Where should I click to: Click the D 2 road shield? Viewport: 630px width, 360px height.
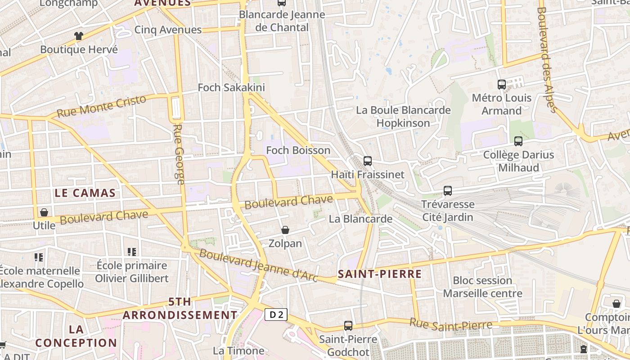tap(276, 315)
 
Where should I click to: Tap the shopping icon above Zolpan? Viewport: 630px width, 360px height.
tap(285, 230)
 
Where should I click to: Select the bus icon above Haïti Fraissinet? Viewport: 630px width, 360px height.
tap(368, 161)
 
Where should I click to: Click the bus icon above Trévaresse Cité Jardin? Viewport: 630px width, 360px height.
tap(448, 191)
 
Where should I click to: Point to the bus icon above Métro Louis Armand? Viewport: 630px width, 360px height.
tap(502, 85)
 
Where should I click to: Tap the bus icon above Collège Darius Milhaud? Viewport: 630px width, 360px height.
tap(518, 141)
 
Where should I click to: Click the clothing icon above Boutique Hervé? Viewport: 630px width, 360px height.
tap(79, 36)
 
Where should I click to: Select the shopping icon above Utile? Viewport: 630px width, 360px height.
tap(44, 212)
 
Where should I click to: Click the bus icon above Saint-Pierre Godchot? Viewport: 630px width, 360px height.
tap(348, 326)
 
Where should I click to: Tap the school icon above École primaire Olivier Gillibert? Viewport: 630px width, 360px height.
tap(132, 252)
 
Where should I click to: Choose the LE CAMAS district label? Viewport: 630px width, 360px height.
tap(85, 193)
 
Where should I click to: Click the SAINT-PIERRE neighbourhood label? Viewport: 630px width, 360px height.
tap(380, 274)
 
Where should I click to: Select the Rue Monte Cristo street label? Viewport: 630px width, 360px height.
tap(102, 106)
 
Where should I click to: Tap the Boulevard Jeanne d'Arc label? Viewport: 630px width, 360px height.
tap(258, 266)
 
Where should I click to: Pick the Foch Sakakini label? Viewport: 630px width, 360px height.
tap(231, 87)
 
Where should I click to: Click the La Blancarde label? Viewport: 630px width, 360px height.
tap(360, 219)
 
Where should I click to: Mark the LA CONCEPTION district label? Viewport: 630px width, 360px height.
tap(76, 336)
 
